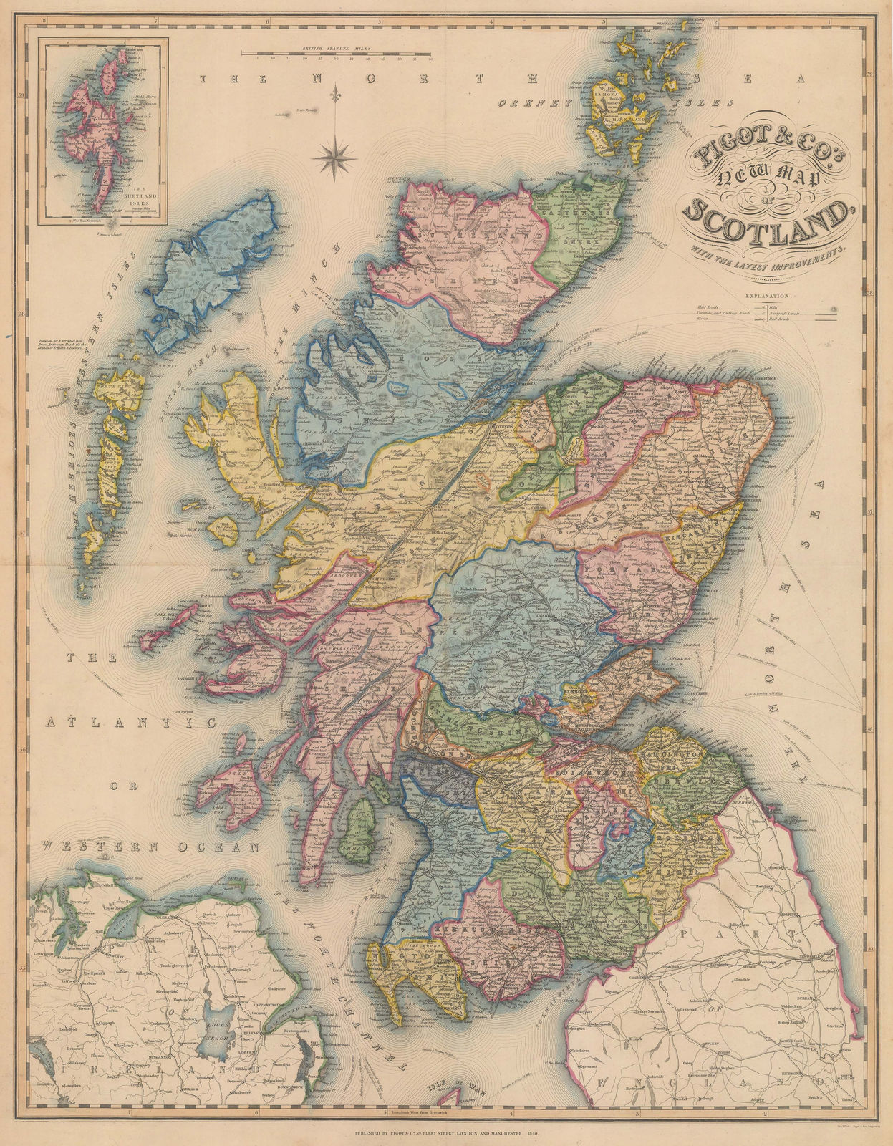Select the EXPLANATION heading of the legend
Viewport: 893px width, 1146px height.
pyautogui.click(x=768, y=295)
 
